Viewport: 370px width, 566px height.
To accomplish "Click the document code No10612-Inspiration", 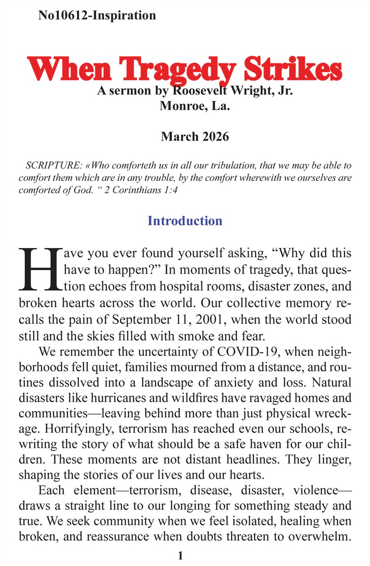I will point(97,15).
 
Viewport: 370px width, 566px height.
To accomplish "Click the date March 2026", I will point(195,137).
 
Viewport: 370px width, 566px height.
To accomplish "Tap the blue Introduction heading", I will point(185,220).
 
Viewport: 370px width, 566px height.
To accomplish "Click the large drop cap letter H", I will point(36,269).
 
